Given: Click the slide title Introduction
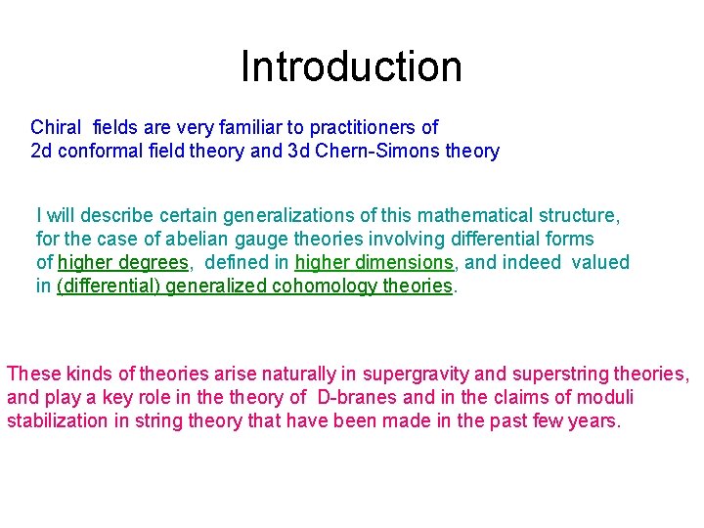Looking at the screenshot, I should coord(351,66).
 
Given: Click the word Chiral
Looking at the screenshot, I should coord(57,127).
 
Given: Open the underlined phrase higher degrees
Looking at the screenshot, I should coord(122,262).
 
